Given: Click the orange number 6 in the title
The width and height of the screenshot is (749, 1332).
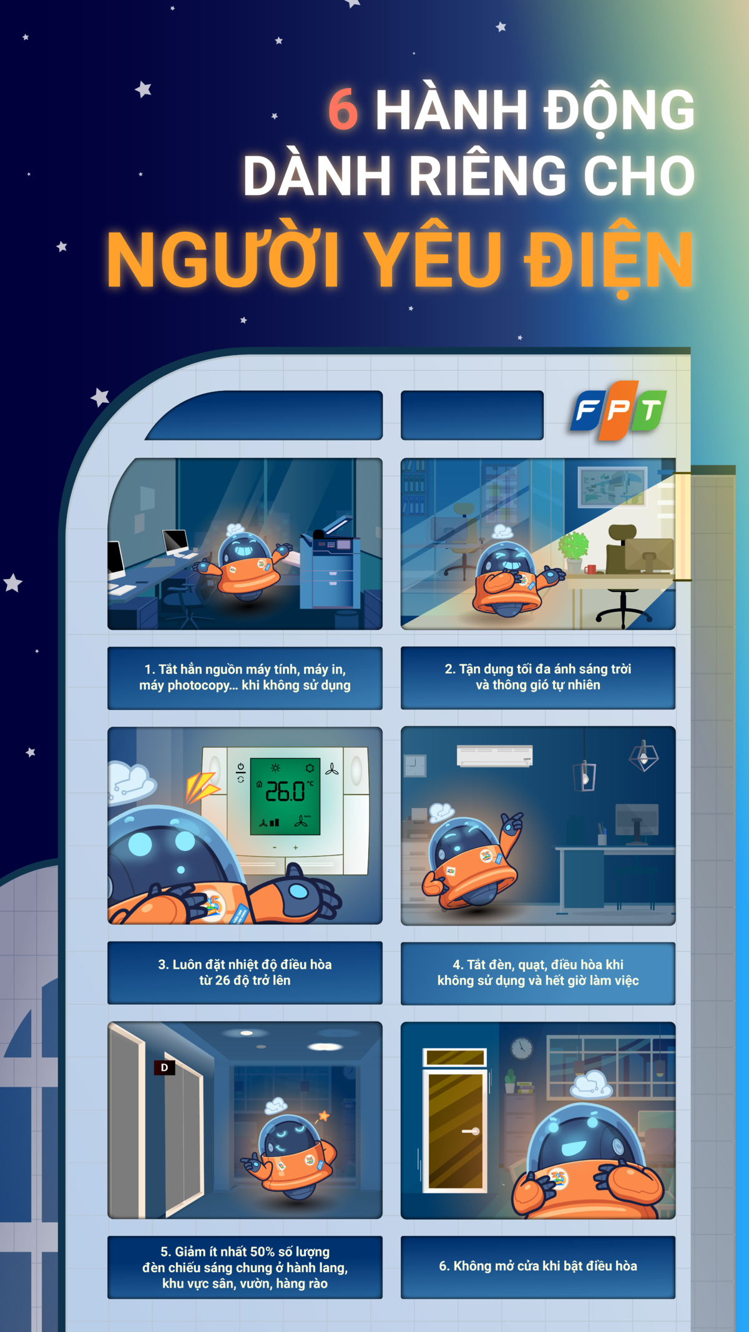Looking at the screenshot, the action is [343, 109].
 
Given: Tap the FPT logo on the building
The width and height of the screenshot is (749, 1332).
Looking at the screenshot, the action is [619, 410].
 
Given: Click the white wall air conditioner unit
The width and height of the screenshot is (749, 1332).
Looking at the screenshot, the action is [495, 755].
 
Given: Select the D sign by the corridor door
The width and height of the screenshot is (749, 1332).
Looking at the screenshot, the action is [164, 1067].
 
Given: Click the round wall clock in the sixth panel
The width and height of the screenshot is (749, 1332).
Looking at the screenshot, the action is [521, 1048].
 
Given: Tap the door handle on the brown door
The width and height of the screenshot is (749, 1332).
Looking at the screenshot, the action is [471, 1131].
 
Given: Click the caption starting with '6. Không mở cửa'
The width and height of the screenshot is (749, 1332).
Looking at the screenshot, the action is [538, 1266].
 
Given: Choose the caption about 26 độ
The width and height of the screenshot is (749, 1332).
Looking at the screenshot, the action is [245, 972].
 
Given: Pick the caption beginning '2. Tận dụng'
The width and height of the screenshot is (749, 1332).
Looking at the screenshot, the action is [538, 677].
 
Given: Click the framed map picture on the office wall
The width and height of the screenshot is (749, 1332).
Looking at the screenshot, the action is [612, 486].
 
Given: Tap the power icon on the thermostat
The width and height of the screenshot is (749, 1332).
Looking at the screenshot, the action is [241, 766].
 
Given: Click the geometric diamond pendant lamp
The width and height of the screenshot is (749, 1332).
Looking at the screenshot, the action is [644, 756].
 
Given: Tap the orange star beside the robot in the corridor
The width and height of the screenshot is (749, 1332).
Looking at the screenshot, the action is [324, 1115].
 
